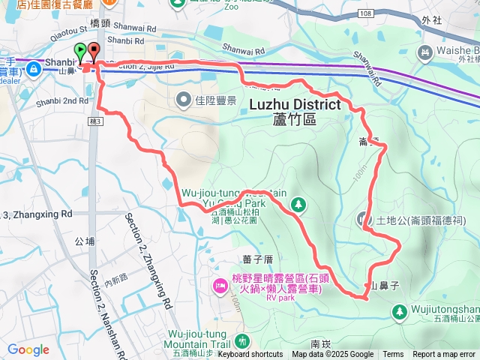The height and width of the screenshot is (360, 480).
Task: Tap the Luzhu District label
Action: point(292,105)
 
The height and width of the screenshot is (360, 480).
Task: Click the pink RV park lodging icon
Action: point(220,284)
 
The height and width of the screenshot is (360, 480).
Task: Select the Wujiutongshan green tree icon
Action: point(399,310)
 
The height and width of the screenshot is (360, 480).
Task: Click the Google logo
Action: point(28,349)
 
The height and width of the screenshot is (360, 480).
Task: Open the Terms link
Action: point(393,355)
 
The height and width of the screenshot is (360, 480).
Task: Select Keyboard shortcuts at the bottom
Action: point(250,355)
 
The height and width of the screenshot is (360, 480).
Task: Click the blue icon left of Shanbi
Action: point(34,68)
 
